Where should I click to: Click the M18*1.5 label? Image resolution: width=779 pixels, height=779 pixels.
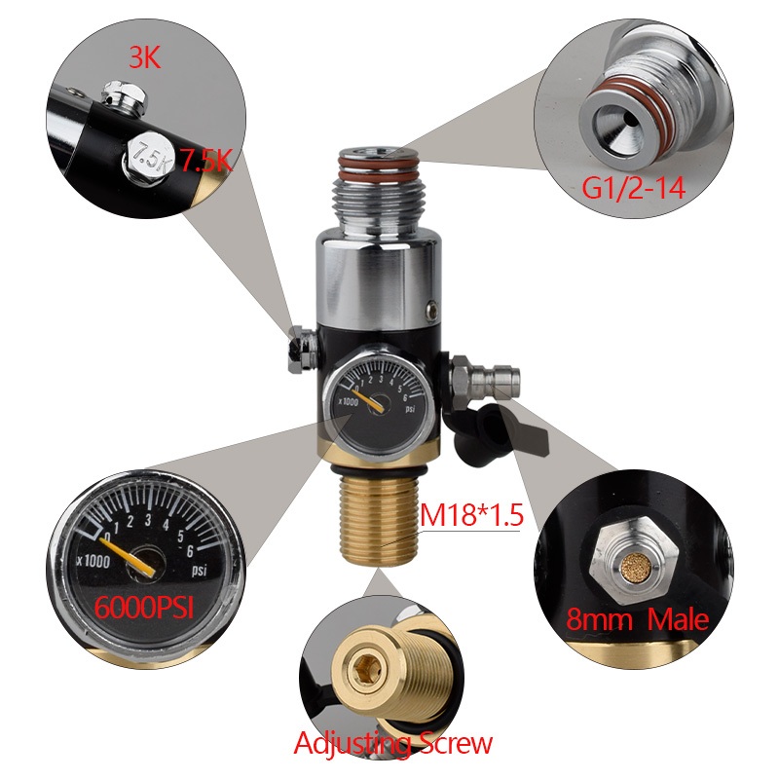click(472, 512)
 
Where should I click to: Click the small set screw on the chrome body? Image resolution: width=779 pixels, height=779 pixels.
click(429, 311)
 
